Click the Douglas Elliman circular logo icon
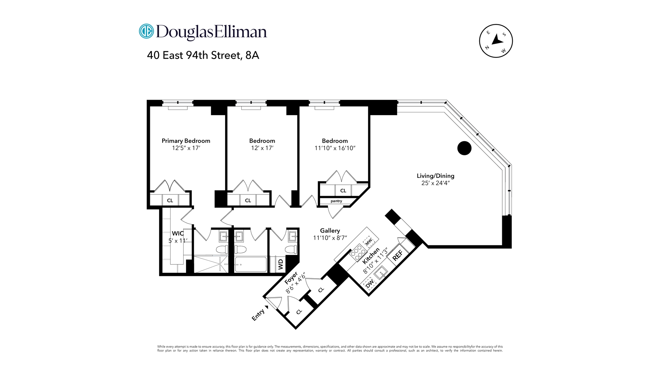[146, 31]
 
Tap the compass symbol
[496, 41]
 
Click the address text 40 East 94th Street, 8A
[203, 55]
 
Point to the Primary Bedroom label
[186, 141]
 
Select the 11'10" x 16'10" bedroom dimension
[335, 148]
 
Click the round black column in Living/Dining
[464, 148]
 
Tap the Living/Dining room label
[436, 176]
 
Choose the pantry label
[336, 201]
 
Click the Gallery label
[330, 231]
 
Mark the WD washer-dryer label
[281, 264]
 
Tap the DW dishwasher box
[370, 284]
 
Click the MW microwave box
[368, 242]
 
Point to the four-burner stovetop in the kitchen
[358, 253]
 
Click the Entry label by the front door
[258, 315]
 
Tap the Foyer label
[291, 278]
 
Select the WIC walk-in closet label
[178, 234]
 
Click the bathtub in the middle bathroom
[251, 264]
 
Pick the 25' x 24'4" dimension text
[436, 183]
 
